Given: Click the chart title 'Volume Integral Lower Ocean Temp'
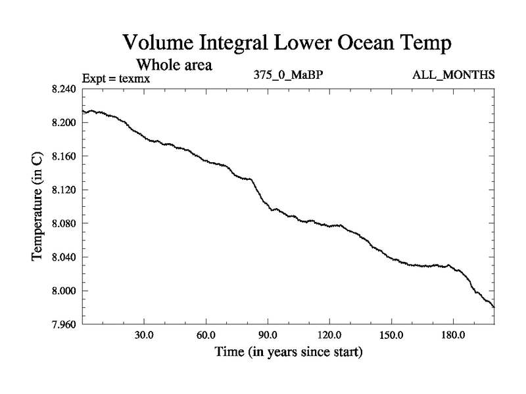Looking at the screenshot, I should pos(288,44).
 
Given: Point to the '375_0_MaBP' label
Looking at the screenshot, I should pos(288,75).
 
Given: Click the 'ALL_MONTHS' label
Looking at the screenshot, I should pos(453,75).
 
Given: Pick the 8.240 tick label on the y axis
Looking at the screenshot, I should pos(64,89).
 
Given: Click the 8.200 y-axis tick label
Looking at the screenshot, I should pos(64,123).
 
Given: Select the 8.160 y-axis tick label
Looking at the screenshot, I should pos(64,156).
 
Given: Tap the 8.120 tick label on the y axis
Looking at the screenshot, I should pos(64,190).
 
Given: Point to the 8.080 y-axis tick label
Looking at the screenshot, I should pos(64,223).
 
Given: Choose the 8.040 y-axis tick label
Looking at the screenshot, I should pos(64,257).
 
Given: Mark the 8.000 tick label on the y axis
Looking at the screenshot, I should pos(64,290).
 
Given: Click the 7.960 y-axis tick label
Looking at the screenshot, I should pos(64,324).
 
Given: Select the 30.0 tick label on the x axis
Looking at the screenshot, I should pos(144,336).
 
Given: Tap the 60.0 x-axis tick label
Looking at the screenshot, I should pos(206,336).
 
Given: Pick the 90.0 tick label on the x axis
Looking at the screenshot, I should pos(268,336).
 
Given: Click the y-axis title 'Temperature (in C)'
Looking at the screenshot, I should pos(37,207).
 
